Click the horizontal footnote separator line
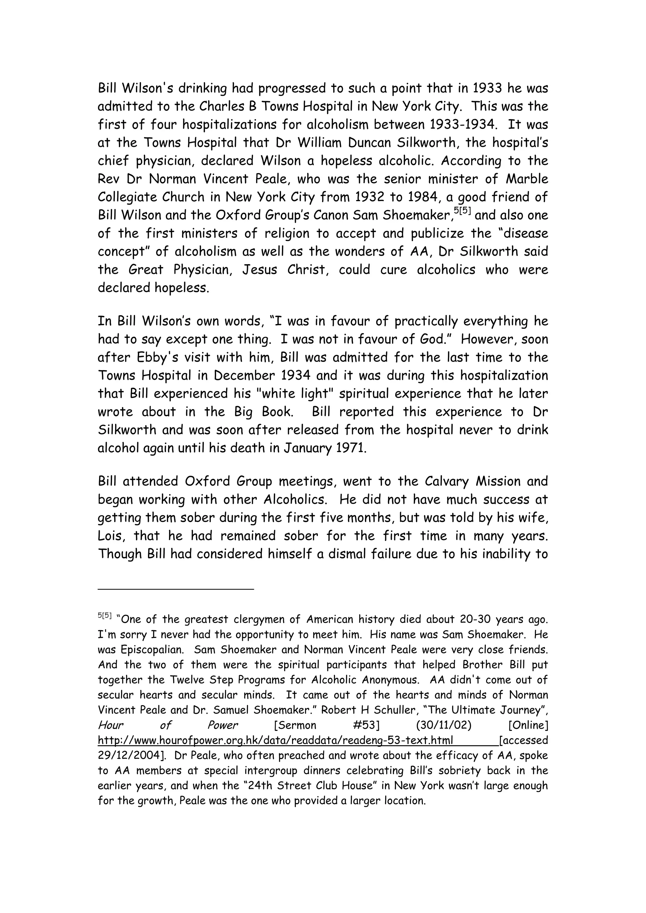(175, 589)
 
